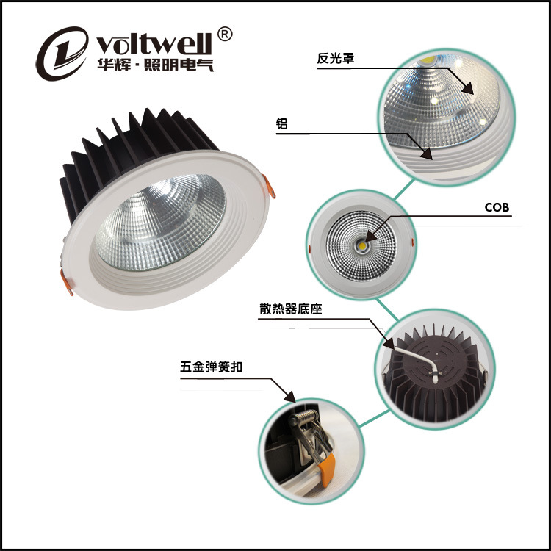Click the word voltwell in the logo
pyautogui.click(x=154, y=44)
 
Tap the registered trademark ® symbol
pyautogui.click(x=225, y=34)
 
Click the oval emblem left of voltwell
pyautogui.click(x=62, y=53)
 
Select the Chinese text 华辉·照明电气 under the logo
pyautogui.click(x=155, y=65)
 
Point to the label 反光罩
pyautogui.click(x=335, y=58)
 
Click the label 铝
pyautogui.click(x=281, y=123)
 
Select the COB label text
pyautogui.click(x=497, y=207)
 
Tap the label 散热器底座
pyautogui.click(x=291, y=309)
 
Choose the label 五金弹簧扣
pyautogui.click(x=211, y=367)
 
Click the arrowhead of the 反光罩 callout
pyautogui.click(x=469, y=88)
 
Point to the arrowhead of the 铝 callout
pyautogui.click(x=427, y=154)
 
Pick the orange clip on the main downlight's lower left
pyautogui.click(x=66, y=282)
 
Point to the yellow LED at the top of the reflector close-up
pyautogui.click(x=428, y=60)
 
